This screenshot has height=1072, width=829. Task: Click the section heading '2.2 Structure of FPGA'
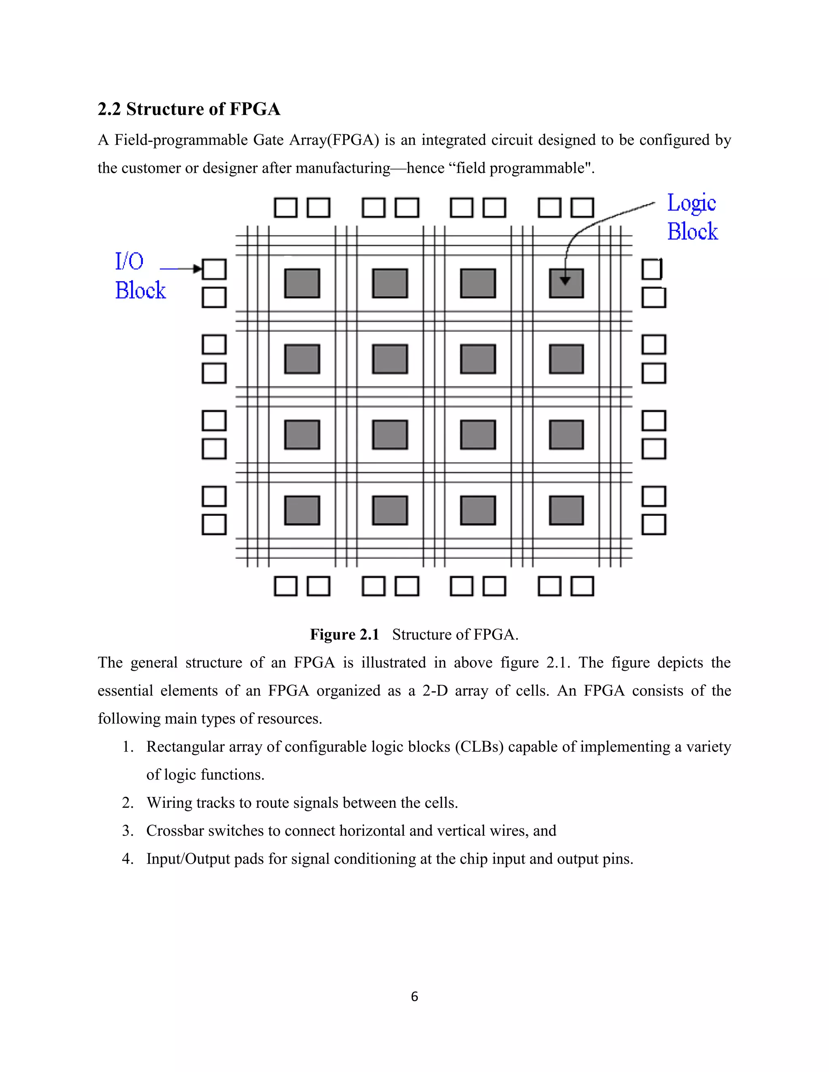pyautogui.click(x=189, y=109)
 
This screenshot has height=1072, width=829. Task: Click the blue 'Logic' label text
pyautogui.click(x=691, y=203)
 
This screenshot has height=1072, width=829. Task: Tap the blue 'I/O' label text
pyautogui.click(x=129, y=261)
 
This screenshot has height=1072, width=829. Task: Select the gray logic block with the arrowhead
pyautogui.click(x=566, y=283)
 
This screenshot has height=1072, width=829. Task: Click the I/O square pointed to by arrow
pyautogui.click(x=214, y=269)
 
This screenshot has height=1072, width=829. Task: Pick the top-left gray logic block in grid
pyautogui.click(x=302, y=283)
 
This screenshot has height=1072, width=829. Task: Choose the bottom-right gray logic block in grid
pyautogui.click(x=566, y=511)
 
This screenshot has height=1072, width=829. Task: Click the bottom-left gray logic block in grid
pyautogui.click(x=302, y=511)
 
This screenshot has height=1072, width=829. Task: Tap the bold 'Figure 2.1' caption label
pyautogui.click(x=344, y=635)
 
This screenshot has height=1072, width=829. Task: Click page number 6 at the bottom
pyautogui.click(x=414, y=997)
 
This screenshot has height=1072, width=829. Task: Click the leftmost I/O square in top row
pyautogui.click(x=285, y=208)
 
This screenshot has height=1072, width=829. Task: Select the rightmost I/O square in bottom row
pyautogui.click(x=582, y=586)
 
